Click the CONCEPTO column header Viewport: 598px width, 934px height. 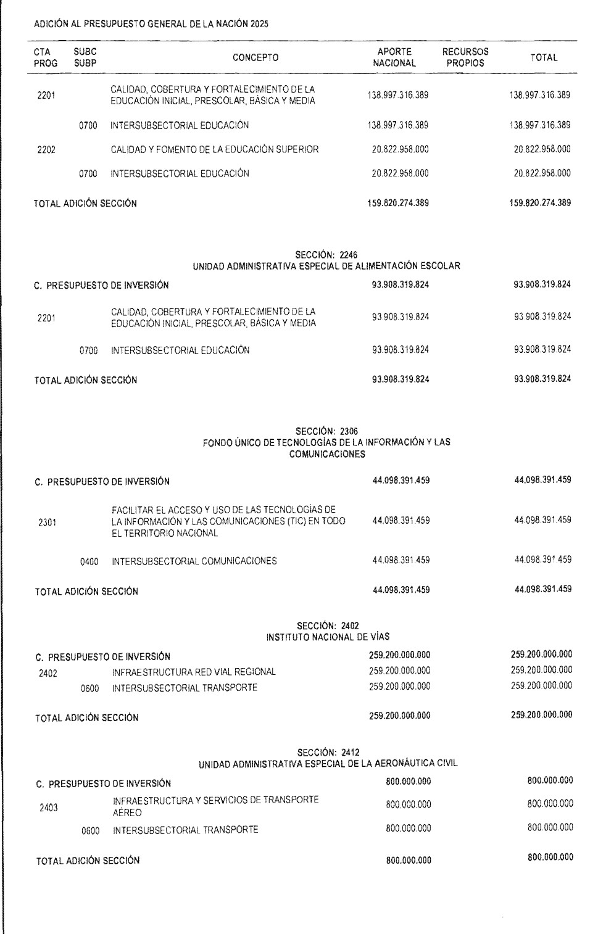pyautogui.click(x=255, y=58)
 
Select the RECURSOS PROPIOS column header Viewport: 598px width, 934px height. pyautogui.click(x=465, y=57)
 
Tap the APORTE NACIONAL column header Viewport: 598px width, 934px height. pyautogui.click(x=394, y=57)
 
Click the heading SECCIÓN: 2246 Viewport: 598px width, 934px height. pyautogui.click(x=326, y=254)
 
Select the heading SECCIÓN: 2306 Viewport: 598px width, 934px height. pyautogui.click(x=326, y=431)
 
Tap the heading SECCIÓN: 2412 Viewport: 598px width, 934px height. pyautogui.click(x=328, y=752)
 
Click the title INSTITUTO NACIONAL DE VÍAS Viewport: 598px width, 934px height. pyautogui.click(x=328, y=637)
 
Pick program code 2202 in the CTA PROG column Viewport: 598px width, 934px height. pyautogui.click(x=46, y=150)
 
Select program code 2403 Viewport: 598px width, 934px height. pyautogui.click(x=49, y=808)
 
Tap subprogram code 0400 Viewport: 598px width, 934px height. pyautogui.click(x=89, y=562)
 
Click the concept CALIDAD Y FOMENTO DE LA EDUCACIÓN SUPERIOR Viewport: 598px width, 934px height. pyautogui.click(x=215, y=149)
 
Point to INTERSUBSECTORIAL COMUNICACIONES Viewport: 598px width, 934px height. pyautogui.click(x=194, y=561)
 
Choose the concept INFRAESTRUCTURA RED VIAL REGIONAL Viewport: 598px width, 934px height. pyautogui.click(x=194, y=672)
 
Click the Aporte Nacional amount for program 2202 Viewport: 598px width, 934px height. pyautogui.click(x=400, y=149)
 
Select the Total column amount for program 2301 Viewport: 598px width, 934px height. pyautogui.click(x=542, y=520)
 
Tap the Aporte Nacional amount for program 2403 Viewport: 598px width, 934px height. pyautogui.click(x=408, y=804)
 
